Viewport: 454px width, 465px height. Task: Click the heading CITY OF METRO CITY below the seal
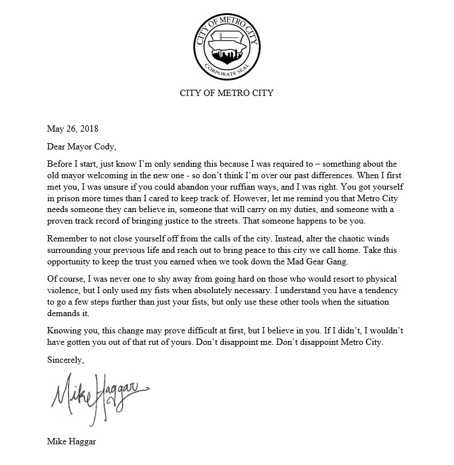[x=227, y=93]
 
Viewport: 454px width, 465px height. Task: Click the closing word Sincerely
[x=66, y=360]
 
